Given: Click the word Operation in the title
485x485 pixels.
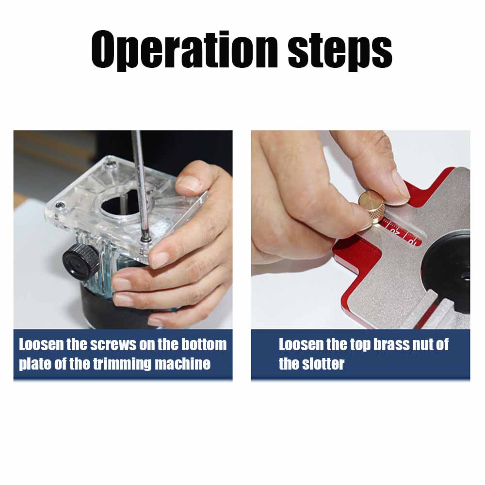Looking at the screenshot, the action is [x=184, y=50].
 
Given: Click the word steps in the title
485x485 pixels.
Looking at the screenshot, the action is [x=340, y=51].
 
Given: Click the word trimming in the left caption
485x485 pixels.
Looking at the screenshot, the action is [x=123, y=364].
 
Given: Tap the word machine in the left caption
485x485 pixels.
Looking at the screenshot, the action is [x=183, y=364].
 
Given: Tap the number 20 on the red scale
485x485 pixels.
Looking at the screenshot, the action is [x=395, y=231].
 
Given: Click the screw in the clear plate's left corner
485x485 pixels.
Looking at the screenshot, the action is [x=60, y=205].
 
